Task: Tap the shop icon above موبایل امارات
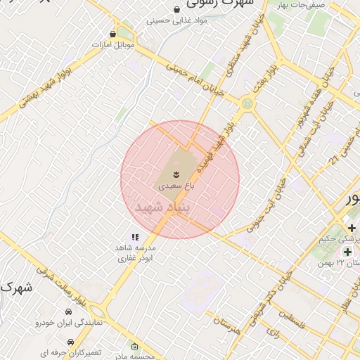coord(113,33)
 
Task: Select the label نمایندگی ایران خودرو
coord(69,323)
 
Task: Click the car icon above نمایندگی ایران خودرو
coord(68,311)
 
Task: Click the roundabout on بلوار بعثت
coord(247,104)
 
